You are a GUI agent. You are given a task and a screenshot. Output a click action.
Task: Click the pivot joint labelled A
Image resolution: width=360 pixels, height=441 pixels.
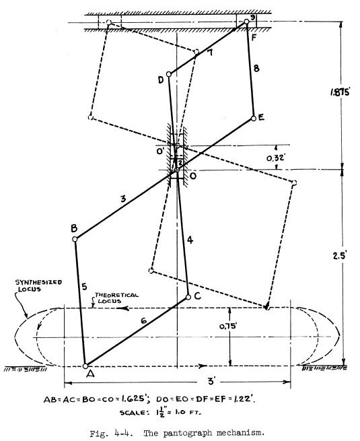tap(85, 366)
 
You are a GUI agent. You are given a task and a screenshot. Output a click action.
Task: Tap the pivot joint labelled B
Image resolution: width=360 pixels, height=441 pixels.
tap(75, 239)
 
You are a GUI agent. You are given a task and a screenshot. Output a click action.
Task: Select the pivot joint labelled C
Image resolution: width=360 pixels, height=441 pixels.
tap(188, 298)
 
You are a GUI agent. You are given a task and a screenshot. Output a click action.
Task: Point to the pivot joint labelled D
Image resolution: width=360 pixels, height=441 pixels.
tap(169, 74)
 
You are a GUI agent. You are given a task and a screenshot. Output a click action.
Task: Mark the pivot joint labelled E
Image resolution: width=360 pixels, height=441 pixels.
tap(254, 118)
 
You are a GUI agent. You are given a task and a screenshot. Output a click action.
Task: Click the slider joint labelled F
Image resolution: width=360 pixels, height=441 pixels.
tap(246, 22)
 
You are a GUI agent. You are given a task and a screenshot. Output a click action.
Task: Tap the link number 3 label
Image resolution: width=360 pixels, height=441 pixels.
tap(123, 199)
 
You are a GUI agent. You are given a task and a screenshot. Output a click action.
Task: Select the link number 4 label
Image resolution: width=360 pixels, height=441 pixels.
tap(190, 240)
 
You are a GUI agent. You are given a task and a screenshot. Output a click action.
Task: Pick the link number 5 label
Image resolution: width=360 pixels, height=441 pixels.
tap(84, 287)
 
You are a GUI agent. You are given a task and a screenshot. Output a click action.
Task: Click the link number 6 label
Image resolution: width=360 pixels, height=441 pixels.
tap(143, 320)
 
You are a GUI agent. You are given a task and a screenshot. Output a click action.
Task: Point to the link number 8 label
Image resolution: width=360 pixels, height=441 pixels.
tap(256, 69)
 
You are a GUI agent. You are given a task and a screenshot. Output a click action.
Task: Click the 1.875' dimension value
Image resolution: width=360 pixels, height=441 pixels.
tap(340, 92)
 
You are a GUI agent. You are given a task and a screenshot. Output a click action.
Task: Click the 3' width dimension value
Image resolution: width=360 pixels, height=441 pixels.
tap(211, 381)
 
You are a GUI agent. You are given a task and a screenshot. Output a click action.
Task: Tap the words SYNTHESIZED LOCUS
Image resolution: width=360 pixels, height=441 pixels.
tap(38, 285)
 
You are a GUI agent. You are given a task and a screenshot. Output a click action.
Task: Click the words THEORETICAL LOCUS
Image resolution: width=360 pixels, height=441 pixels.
tap(116, 298)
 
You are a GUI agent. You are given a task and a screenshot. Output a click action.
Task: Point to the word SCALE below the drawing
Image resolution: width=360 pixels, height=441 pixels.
tap(133, 413)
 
